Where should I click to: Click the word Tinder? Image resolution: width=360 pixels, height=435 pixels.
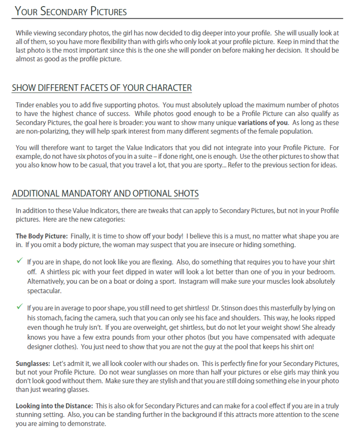coord(25,105)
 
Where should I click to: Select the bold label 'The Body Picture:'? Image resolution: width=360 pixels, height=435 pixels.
coord(42,236)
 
